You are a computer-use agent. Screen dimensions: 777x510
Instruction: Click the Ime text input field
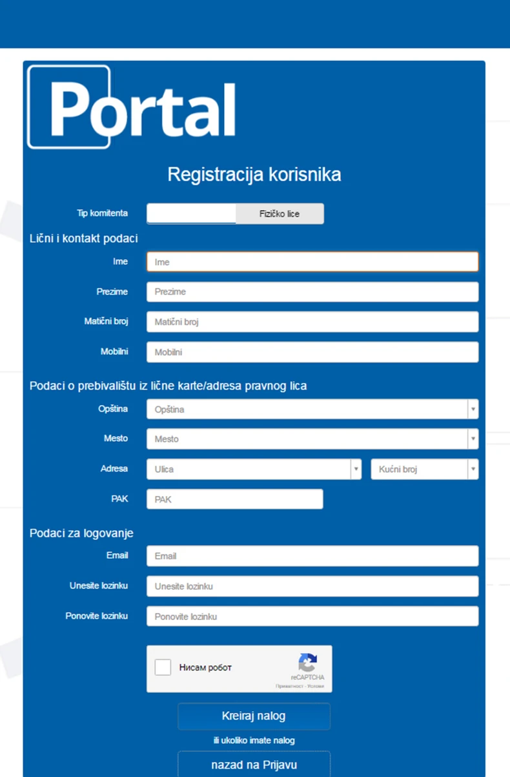tap(312, 262)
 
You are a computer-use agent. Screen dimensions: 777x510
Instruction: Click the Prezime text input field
tap(312, 292)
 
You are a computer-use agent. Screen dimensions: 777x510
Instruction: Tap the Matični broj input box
tap(312, 322)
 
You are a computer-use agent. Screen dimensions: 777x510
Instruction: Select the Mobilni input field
tap(312, 352)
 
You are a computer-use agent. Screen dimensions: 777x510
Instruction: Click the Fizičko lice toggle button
tap(280, 214)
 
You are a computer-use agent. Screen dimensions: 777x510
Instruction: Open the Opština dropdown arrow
tap(473, 409)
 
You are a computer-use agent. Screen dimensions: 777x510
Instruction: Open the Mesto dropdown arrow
tap(473, 439)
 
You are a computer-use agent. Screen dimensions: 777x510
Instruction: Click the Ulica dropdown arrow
tap(356, 469)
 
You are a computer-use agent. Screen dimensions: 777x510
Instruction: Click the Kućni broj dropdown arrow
tap(473, 469)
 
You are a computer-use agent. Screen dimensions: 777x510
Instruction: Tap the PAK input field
tap(234, 499)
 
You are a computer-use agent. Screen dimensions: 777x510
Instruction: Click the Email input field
tap(312, 555)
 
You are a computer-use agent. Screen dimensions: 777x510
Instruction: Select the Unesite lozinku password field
tap(312, 586)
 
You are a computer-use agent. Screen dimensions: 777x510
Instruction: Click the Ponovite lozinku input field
tap(312, 616)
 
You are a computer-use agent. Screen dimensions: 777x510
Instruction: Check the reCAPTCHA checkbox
tap(163, 667)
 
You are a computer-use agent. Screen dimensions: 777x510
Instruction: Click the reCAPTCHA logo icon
tap(307, 663)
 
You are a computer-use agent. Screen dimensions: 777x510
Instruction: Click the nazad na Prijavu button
tap(254, 765)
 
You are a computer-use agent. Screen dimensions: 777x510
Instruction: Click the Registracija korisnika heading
tap(254, 174)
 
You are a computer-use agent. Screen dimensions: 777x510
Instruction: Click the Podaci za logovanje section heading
tap(81, 533)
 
